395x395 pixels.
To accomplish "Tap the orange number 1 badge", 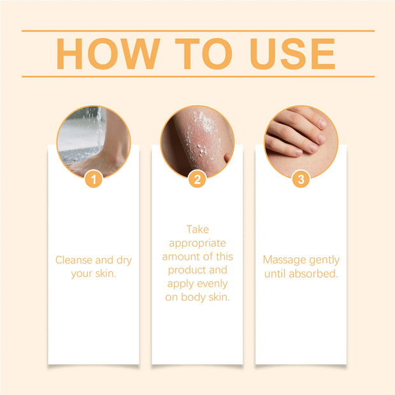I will pyautogui.click(x=94, y=180).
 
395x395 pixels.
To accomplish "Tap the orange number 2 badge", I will pyautogui.click(x=197, y=180).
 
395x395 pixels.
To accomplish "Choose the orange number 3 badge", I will pyautogui.click(x=301, y=180).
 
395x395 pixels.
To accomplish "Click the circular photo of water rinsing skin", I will pyautogui.click(x=94, y=140).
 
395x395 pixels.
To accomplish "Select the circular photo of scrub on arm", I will pyautogui.click(x=197, y=140).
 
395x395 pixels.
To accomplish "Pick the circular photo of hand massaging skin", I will pyautogui.click(x=301, y=140).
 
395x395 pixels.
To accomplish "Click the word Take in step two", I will pyautogui.click(x=197, y=229).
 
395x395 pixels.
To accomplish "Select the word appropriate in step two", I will pyautogui.click(x=197, y=243).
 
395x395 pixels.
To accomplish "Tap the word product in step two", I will pyautogui.click(x=183, y=270).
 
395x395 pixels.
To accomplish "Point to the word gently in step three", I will pyautogui.click(x=325, y=260).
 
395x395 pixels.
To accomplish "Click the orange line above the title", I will pyautogui.click(x=197, y=31).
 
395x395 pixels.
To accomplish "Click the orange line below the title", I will pyautogui.click(x=197, y=76).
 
